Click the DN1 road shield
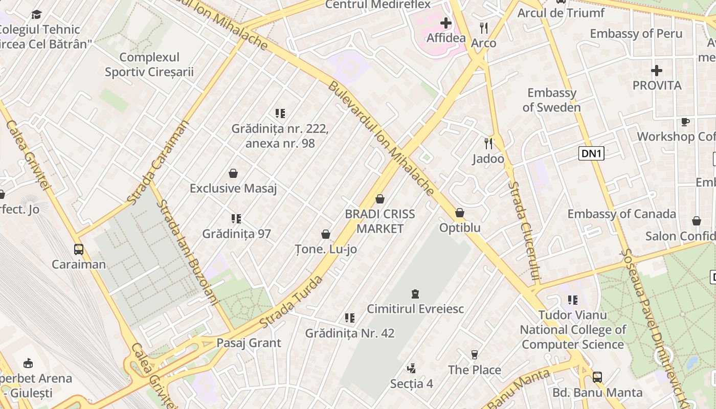[x=591, y=153]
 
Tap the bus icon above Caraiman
[x=79, y=249]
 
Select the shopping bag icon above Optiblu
[x=460, y=213]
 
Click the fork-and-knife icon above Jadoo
[x=488, y=144]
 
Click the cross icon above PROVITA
[x=657, y=71]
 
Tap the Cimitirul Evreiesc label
[x=415, y=309]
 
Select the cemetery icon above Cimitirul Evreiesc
[x=415, y=294]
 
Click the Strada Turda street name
[x=291, y=302]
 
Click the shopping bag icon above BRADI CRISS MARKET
[x=380, y=199]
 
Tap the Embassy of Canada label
[x=621, y=214]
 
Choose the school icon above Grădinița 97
[x=236, y=219]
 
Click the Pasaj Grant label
[x=249, y=343]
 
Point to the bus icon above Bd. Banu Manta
[x=597, y=377]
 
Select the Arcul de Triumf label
[x=561, y=13]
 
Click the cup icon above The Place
[x=475, y=354]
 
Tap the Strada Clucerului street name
[x=525, y=232]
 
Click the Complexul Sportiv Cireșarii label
[x=149, y=64]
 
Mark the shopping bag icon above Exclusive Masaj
[x=233, y=173]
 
